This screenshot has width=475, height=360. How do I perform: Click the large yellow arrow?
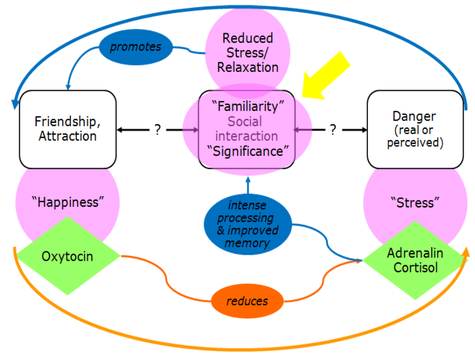[x=328, y=76]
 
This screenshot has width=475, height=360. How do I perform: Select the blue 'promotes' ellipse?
[x=136, y=47]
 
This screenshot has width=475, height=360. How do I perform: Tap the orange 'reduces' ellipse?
[x=247, y=301]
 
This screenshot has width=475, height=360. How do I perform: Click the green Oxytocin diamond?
[x=68, y=256]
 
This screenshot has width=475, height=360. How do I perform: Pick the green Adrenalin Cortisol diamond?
[x=415, y=261]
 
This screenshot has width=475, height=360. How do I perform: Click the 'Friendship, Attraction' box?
[x=68, y=129]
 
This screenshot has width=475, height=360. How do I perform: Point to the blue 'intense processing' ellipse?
[x=248, y=224]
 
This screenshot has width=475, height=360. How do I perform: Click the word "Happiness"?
[x=68, y=202]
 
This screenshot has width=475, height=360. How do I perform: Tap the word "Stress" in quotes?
[x=415, y=203]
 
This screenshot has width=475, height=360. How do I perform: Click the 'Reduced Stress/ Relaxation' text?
[x=248, y=53]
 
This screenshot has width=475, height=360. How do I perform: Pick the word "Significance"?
[x=248, y=151]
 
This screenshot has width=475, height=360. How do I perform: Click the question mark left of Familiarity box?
[x=157, y=130]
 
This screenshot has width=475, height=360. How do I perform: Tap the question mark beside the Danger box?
[x=332, y=130]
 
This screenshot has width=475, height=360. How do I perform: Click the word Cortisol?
[x=415, y=268]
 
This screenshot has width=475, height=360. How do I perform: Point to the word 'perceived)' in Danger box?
[x=415, y=143]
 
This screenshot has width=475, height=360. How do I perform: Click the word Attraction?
[x=68, y=136]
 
